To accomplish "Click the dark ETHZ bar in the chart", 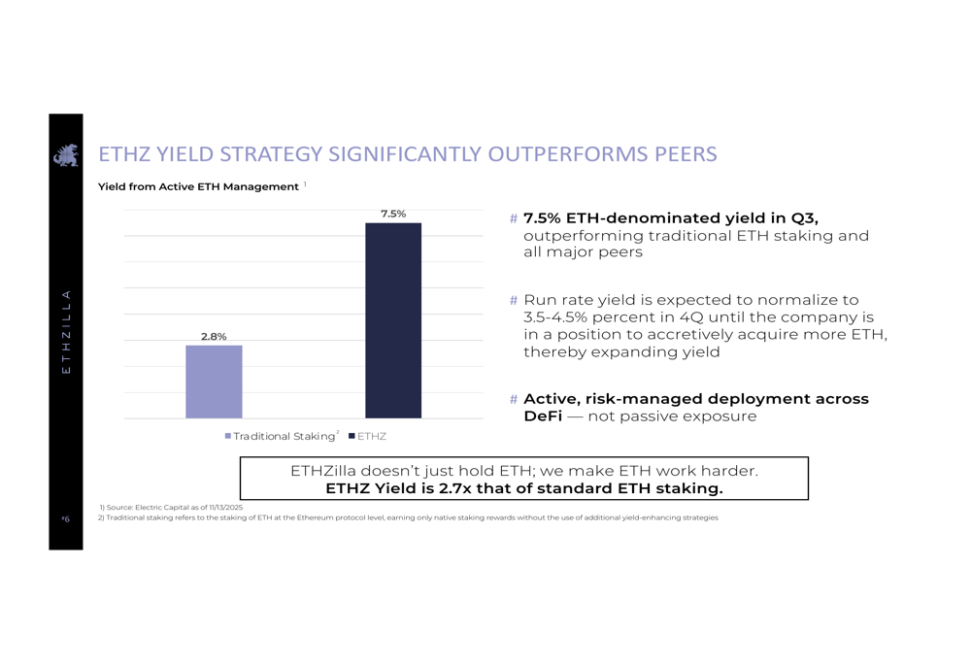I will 393,320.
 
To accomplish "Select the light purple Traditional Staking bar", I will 214,382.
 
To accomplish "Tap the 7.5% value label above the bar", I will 393,214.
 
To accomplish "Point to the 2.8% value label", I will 214,337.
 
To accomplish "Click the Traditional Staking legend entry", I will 282,437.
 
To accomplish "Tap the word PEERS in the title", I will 686,154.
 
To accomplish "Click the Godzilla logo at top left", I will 66,154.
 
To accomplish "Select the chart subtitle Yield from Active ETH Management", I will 198,186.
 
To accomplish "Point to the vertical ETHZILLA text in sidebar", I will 66,331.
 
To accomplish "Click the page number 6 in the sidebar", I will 66,519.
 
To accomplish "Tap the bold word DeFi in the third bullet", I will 544,416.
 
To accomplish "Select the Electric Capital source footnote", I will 171,507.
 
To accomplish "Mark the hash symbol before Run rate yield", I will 514,301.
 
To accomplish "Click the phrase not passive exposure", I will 673,416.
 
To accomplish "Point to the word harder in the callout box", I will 729,471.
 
